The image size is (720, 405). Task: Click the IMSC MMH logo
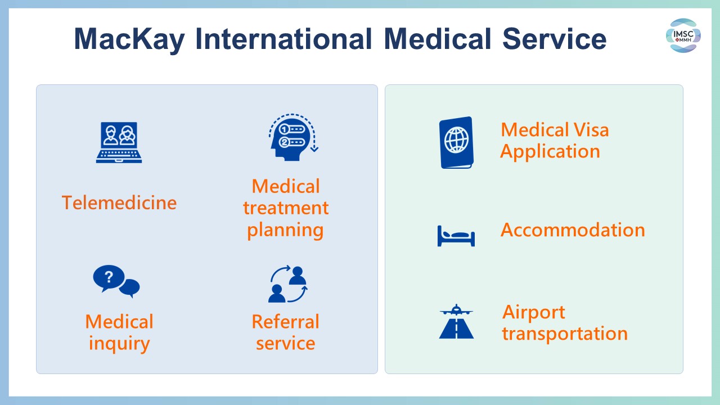click(683, 35)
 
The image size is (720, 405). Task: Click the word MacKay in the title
click(129, 39)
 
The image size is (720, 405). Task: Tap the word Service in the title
click(554, 39)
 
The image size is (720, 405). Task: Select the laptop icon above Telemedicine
click(119, 142)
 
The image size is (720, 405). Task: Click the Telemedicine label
click(119, 203)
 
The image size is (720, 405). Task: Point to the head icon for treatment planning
click(293, 137)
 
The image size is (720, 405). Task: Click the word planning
click(285, 231)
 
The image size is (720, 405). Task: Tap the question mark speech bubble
click(109, 278)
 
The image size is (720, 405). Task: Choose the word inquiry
click(119, 344)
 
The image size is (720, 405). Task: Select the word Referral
click(285, 322)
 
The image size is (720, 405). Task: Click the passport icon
click(456, 142)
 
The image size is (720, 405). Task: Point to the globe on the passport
click(456, 140)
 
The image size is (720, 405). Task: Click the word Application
click(550, 152)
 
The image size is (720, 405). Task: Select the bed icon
click(456, 236)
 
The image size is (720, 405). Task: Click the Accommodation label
click(573, 230)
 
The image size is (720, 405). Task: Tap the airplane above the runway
click(456, 310)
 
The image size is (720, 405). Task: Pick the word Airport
click(534, 313)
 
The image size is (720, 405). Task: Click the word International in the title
click(283, 39)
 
